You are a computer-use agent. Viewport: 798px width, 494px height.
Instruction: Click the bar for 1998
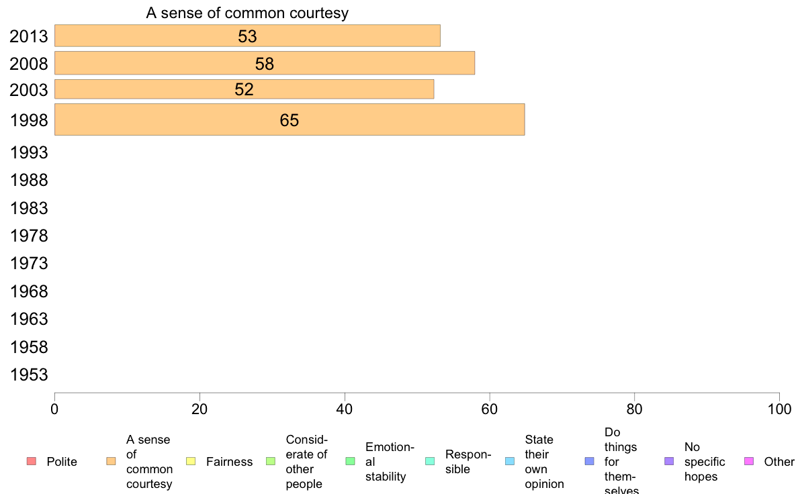pos(289,119)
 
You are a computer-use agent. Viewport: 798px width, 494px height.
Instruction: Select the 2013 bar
pos(247,36)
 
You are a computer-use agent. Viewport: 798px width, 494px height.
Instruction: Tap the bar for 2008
pos(264,63)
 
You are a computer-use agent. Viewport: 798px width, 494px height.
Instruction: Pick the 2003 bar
pos(244,89)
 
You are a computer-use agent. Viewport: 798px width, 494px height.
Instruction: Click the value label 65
pos(290,121)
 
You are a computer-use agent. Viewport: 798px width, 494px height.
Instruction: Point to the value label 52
pos(244,90)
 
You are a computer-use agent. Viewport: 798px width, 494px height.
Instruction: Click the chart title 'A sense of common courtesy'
pos(247,13)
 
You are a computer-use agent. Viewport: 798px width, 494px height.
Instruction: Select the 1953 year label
pos(30,375)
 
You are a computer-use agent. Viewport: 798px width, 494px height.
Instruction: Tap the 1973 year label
pos(30,263)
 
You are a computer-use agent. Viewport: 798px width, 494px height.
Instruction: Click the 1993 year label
pos(30,152)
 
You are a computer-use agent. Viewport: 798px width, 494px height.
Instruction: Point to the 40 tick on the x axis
pos(345,409)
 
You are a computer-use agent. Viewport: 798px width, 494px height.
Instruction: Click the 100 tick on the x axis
pos(779,409)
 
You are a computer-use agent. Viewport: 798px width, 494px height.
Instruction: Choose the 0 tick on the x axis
pos(54,409)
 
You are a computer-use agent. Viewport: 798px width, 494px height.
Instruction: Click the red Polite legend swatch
pos(31,461)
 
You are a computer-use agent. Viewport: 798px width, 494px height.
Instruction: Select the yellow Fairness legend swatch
pos(191,461)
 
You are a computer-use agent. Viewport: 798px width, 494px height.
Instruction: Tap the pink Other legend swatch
pos(750,461)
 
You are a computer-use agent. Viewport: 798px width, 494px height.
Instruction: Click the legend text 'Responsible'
pos(468,462)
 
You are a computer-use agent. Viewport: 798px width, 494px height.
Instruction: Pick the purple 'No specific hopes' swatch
pos(669,461)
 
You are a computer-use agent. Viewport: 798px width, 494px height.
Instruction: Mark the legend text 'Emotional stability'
pos(390,462)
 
